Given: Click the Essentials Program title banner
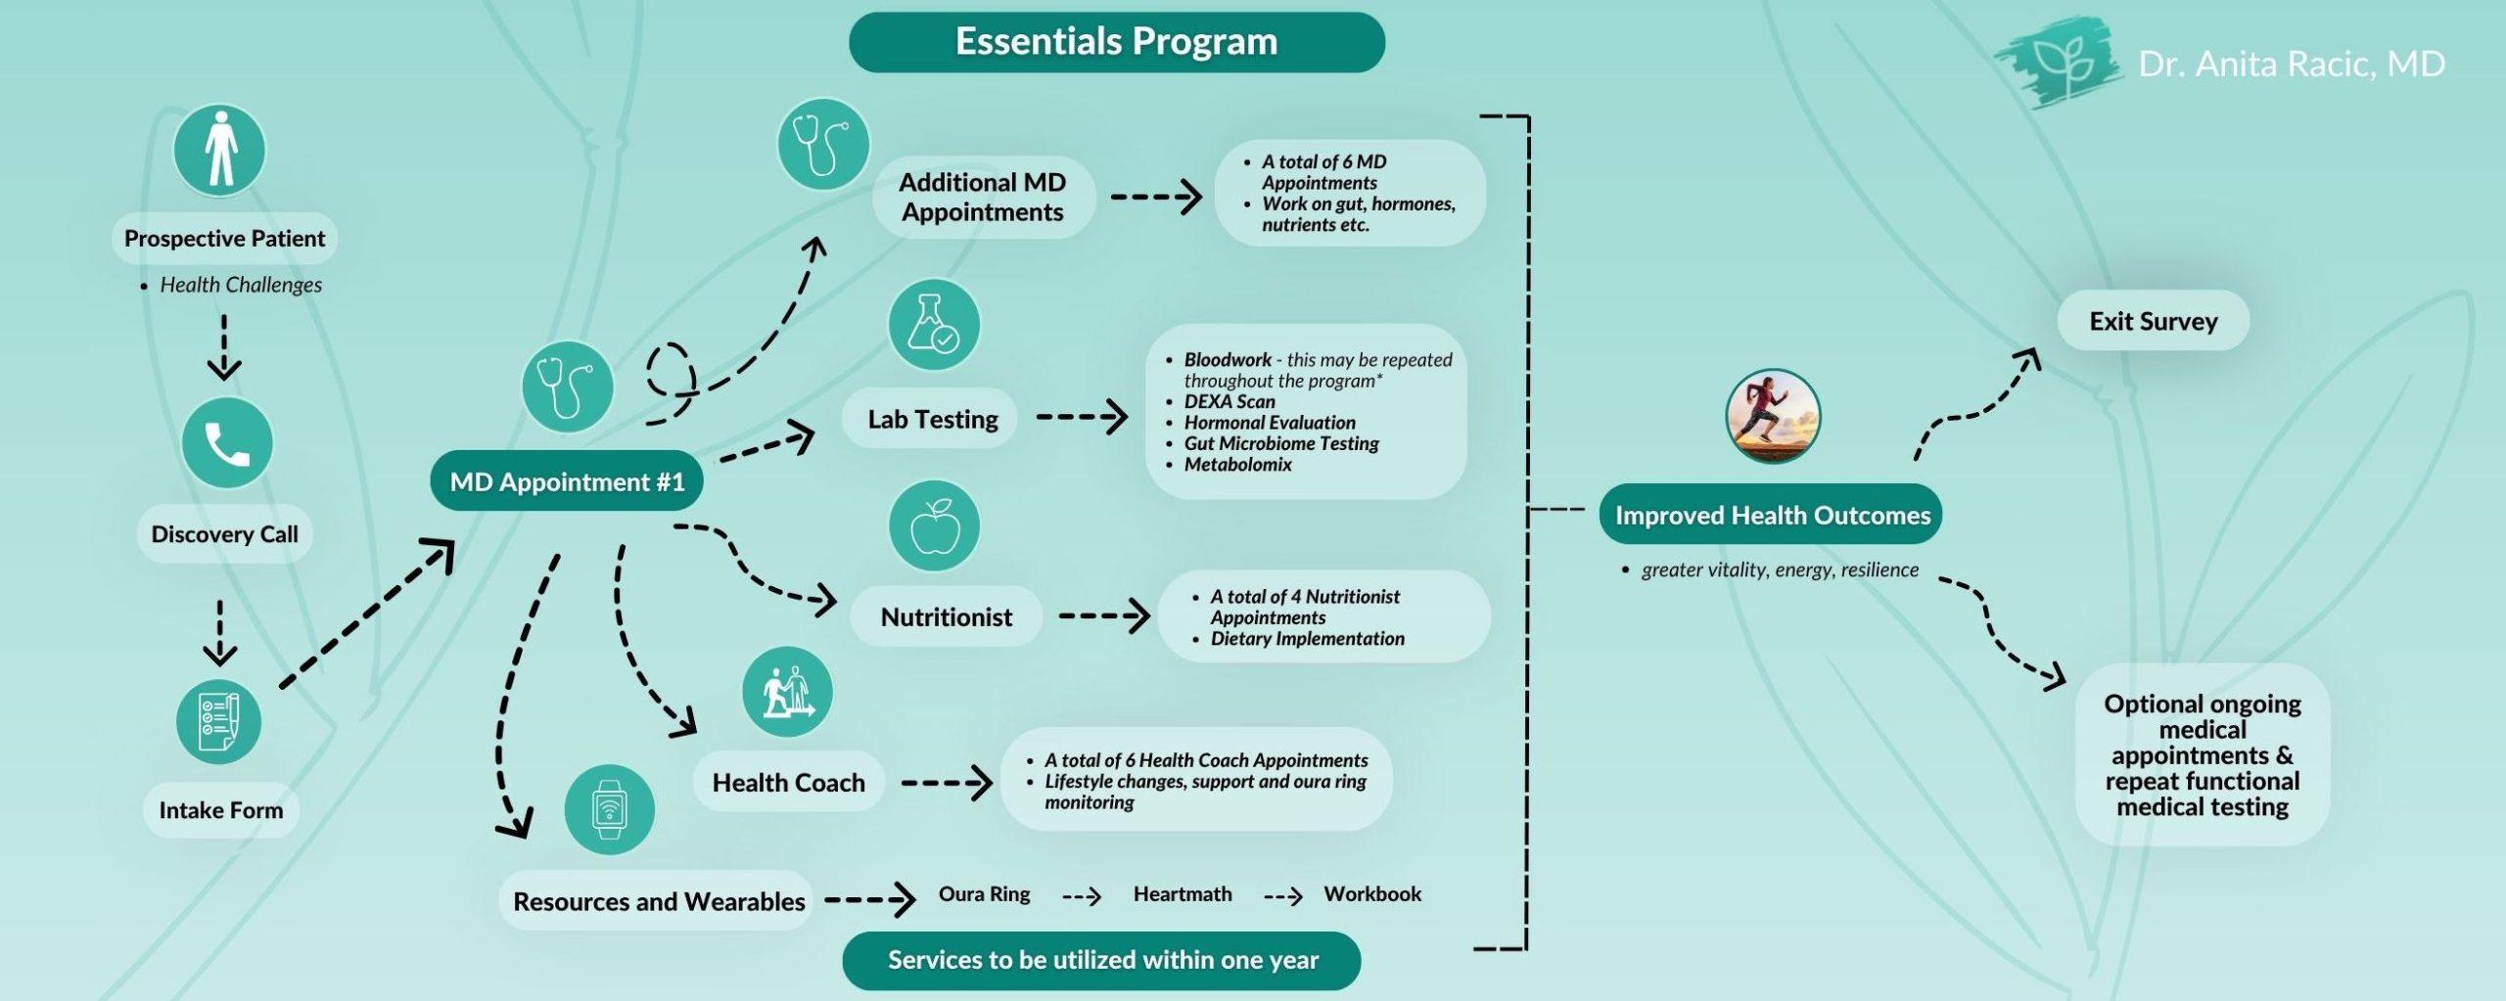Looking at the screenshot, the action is (x=1116, y=42).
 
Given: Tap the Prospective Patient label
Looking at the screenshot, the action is (x=224, y=238).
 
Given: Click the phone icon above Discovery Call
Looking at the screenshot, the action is (x=227, y=443).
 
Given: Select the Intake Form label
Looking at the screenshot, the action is (x=220, y=810).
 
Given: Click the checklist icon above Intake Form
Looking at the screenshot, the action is (x=218, y=722).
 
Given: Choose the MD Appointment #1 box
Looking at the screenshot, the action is (x=567, y=481).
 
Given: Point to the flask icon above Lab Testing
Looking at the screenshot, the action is (x=934, y=325).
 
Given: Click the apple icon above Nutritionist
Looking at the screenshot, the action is (x=934, y=525).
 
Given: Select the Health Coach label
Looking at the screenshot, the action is (x=789, y=783).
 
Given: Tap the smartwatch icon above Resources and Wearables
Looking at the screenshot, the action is (x=609, y=809).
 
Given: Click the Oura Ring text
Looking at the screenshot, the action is (x=984, y=894).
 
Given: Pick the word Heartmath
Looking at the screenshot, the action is (x=1183, y=894).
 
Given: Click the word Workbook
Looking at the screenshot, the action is (x=1372, y=894).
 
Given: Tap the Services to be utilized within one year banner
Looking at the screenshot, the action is (x=1102, y=960).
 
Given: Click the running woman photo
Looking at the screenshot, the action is (x=1773, y=416).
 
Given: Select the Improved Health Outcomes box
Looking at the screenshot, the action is (x=1771, y=515).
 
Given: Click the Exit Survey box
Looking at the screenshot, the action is (x=2154, y=321).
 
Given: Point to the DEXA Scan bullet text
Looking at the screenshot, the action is (x=1230, y=401).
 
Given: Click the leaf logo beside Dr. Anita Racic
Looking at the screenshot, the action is (x=2056, y=64).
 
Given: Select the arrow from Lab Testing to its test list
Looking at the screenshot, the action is (x=1082, y=418).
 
